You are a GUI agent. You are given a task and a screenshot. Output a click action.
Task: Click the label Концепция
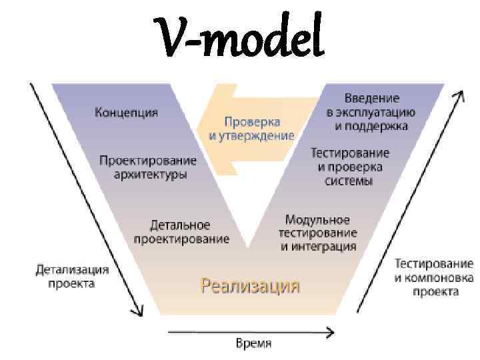coord(127,111)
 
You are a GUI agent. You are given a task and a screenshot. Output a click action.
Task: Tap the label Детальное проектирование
coord(181,231)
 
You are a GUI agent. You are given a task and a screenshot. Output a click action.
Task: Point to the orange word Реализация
coord(250,286)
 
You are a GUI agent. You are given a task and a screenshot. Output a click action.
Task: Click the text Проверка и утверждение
coord(251,129)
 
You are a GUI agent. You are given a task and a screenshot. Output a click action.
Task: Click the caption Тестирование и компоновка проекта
coord(434,277)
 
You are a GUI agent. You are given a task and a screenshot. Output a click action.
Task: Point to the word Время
coord(254,344)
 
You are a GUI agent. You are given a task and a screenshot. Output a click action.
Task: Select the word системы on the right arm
coord(349,181)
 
